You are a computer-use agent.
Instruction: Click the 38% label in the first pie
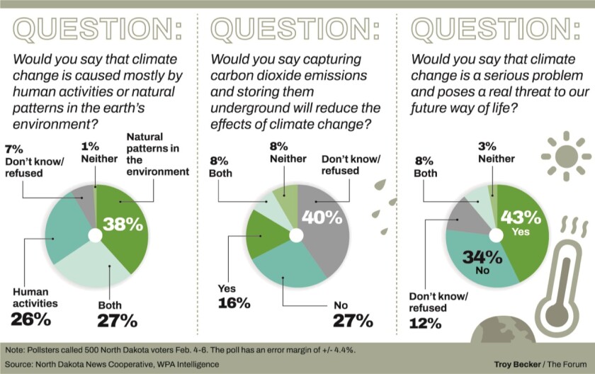(123, 225)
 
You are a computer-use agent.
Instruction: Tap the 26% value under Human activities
(30, 319)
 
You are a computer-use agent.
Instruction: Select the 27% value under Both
(117, 320)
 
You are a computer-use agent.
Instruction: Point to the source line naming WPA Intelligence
(113, 363)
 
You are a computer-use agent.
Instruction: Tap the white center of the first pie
(96, 236)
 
